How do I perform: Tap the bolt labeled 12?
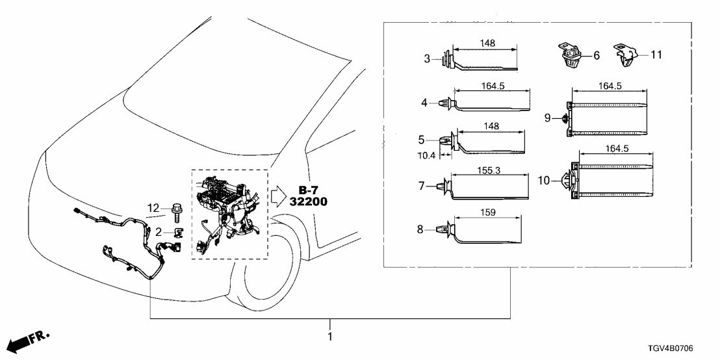(x=176, y=211)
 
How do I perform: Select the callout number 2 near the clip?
(x=159, y=231)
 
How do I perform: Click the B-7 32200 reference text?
(x=307, y=196)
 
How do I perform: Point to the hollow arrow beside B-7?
(x=277, y=196)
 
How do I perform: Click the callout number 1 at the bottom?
(x=329, y=337)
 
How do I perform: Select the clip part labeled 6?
(x=569, y=56)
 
